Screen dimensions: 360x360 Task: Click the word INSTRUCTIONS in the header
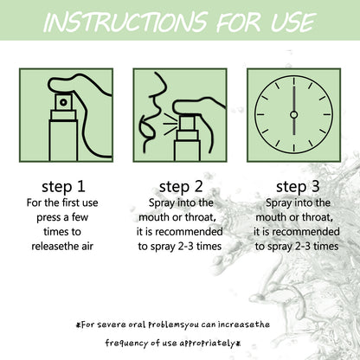125,22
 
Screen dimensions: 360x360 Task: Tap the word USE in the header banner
293,22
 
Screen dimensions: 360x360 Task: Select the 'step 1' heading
63,187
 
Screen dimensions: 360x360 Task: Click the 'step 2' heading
181,187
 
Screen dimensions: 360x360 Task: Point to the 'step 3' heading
298,187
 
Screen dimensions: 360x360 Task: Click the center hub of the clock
293,115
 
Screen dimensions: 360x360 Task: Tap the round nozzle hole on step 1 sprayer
63,102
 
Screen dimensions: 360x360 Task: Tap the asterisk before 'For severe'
78,325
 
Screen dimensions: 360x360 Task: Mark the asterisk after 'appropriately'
238,344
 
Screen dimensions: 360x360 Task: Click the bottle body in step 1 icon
63,141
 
